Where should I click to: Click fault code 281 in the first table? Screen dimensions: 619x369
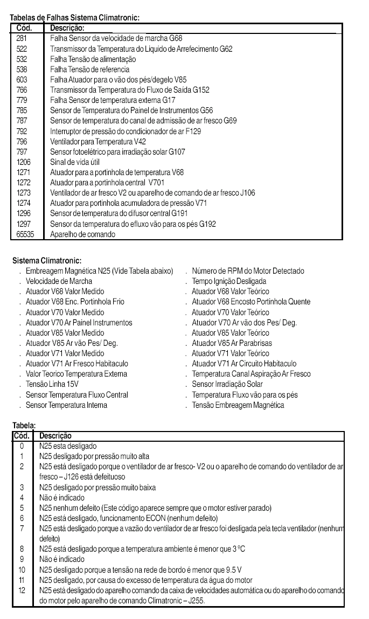click(x=23, y=38)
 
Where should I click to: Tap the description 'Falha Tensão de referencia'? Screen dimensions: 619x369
click(x=89, y=69)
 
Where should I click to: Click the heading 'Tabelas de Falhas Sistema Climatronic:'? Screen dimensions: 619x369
click(x=75, y=18)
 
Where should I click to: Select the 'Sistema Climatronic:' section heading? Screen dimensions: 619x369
click(x=47, y=261)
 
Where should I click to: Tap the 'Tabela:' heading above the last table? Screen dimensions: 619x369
click(x=24, y=426)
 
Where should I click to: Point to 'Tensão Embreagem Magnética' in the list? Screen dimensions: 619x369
click(x=238, y=405)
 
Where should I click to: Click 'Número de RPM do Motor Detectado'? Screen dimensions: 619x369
click(x=248, y=271)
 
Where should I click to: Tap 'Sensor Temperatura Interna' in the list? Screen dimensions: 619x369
click(x=66, y=405)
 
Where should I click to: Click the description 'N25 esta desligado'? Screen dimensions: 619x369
click(x=68, y=446)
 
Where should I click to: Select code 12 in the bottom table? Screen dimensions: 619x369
click(x=22, y=590)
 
